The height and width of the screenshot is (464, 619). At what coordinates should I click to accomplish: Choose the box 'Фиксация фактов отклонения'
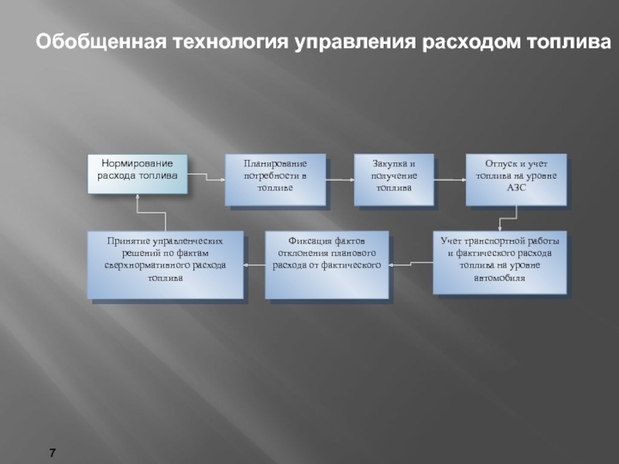click(327, 264)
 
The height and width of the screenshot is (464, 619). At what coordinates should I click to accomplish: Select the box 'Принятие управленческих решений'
click(165, 264)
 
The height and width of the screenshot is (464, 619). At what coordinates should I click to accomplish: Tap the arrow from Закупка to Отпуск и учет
click(448, 179)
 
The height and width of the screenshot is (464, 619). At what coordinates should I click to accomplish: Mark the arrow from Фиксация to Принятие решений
click(254, 264)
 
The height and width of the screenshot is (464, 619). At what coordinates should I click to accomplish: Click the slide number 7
click(53, 450)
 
